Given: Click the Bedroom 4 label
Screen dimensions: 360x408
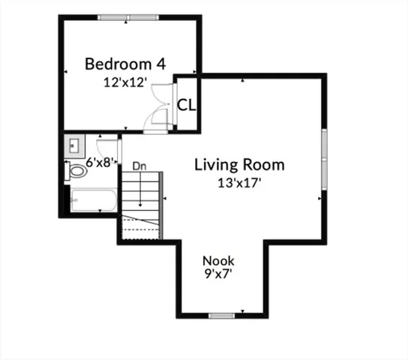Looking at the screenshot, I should (x=124, y=63).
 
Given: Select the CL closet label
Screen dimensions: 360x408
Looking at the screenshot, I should (x=186, y=104).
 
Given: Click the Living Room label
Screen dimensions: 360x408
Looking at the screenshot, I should (x=239, y=164).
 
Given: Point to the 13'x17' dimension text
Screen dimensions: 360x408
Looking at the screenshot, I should (x=239, y=182).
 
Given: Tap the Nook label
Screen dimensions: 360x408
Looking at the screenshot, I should (x=217, y=261).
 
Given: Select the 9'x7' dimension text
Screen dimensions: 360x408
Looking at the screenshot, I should (x=217, y=274).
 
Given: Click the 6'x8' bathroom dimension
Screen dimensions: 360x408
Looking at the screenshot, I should (x=98, y=161).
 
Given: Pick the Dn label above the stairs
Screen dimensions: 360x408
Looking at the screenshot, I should (x=139, y=165).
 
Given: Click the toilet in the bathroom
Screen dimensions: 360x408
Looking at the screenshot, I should (x=76, y=172).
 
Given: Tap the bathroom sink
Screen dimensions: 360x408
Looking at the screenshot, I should (x=75, y=143).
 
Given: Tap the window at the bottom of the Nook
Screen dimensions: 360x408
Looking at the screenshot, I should (x=221, y=316).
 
